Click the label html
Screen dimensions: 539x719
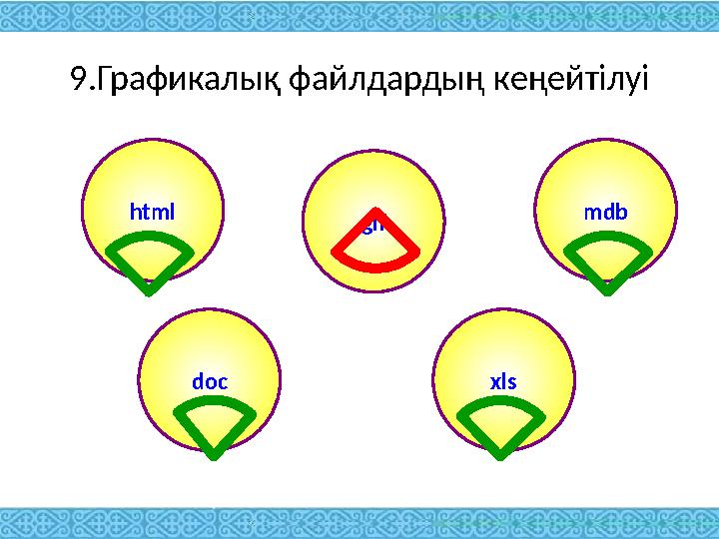(x=153, y=212)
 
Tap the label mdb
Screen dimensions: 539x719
(x=606, y=212)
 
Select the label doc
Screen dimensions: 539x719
(x=210, y=381)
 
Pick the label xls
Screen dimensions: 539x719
(x=502, y=381)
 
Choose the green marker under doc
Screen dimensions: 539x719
(x=212, y=424)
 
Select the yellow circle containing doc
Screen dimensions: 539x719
(x=210, y=349)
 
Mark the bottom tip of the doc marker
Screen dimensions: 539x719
(x=213, y=458)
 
